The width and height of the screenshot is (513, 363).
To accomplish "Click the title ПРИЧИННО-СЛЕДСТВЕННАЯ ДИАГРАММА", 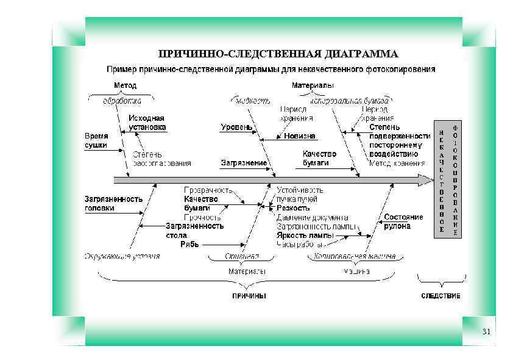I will [x=278, y=54].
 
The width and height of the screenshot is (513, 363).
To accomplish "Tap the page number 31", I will [x=486, y=332].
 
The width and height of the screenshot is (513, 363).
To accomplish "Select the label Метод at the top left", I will [x=126, y=85].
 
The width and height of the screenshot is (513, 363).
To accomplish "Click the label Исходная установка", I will [x=146, y=123].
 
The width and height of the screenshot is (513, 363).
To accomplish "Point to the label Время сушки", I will [x=96, y=140].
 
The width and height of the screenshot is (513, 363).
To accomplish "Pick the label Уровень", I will [x=236, y=128].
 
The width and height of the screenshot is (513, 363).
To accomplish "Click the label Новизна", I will [x=300, y=136].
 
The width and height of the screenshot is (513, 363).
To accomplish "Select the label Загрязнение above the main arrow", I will [x=244, y=164].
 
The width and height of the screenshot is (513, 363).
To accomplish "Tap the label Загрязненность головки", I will [x=113, y=203].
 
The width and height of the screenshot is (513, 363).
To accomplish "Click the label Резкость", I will [x=293, y=208].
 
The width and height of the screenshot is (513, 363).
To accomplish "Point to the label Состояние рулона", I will [x=403, y=221].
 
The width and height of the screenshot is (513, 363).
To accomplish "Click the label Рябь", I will [x=189, y=244].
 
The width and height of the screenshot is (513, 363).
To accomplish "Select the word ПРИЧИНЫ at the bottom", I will [x=249, y=296].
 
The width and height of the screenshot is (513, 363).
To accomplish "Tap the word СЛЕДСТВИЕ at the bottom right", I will [x=440, y=296].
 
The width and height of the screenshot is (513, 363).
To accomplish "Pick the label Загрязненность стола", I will [x=194, y=230].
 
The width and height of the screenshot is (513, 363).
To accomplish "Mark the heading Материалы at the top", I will [x=312, y=85].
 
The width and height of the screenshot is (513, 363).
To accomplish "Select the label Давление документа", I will [x=312, y=217].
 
